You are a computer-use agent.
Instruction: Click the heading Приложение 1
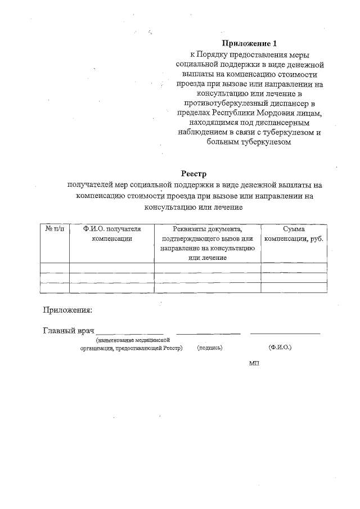click(x=250, y=43)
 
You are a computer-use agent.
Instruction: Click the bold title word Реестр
click(x=195, y=174)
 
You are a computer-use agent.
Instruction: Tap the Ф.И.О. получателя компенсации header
click(x=111, y=233)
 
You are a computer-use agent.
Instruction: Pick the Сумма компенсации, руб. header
click(x=294, y=233)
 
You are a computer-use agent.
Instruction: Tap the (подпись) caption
click(x=210, y=348)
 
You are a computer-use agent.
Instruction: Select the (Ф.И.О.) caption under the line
click(x=280, y=348)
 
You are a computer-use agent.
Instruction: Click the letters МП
click(x=254, y=363)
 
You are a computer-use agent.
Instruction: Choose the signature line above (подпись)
click(x=208, y=334)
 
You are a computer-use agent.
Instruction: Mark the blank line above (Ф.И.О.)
click(x=285, y=334)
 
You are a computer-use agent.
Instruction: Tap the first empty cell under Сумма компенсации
click(x=294, y=268)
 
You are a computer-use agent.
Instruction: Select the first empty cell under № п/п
click(x=55, y=268)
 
